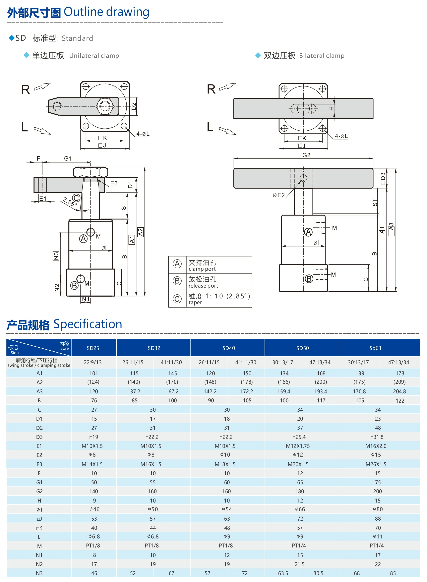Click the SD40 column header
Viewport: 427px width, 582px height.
(x=229, y=348)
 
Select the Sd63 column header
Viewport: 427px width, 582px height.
(x=375, y=348)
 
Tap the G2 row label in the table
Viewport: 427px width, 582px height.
(x=39, y=491)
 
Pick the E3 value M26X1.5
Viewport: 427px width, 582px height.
(x=376, y=464)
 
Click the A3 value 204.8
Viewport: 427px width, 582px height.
(x=399, y=392)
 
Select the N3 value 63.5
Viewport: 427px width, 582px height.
(x=283, y=573)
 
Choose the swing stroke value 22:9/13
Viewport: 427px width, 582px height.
(x=93, y=362)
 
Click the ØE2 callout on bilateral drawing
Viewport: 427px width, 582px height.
(x=279, y=195)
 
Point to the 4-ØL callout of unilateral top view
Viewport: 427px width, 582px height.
(x=143, y=134)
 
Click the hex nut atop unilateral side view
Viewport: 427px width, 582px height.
(x=90, y=172)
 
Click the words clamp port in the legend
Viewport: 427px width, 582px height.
(x=202, y=269)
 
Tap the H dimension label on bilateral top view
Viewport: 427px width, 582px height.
(x=331, y=109)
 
